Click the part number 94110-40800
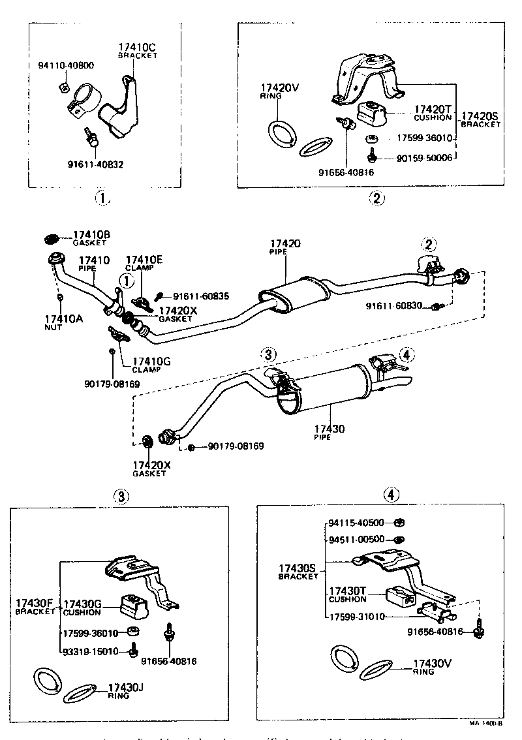point(65,65)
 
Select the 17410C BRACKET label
point(138,51)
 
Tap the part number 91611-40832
point(96,164)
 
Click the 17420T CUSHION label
point(432,113)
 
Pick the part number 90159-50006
point(425,158)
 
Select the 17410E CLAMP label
point(144,264)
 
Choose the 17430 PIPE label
point(330,432)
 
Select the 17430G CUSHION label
point(82,608)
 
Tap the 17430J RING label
point(126,690)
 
